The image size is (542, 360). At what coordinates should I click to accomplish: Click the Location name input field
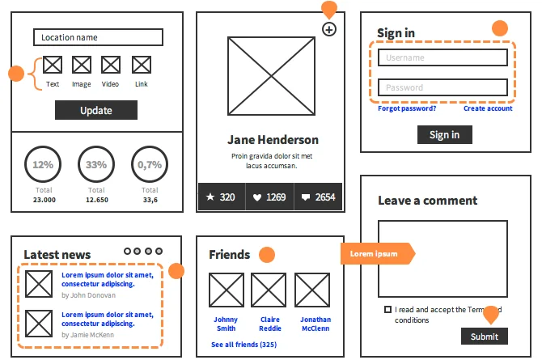click(98, 37)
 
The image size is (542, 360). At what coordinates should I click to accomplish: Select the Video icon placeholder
click(111, 65)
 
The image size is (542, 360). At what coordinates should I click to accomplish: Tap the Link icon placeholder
click(142, 65)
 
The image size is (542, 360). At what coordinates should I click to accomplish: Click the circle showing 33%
click(96, 164)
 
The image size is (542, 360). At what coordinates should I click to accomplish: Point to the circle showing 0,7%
click(150, 164)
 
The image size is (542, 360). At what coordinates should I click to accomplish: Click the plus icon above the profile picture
click(328, 30)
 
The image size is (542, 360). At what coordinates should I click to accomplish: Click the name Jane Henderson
click(273, 140)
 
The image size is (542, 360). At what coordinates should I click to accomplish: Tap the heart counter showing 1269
click(269, 197)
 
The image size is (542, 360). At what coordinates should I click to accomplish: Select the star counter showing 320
click(221, 197)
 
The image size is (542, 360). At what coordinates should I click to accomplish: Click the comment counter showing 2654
click(318, 197)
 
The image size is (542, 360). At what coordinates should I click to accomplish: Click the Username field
click(442, 57)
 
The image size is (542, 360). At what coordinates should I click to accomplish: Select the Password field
click(442, 87)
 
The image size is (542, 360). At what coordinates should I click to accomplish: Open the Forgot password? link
click(407, 108)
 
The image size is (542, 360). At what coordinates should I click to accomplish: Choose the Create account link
click(488, 108)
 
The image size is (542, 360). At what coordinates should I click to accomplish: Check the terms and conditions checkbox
click(388, 310)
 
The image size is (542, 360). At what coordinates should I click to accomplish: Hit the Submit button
click(485, 337)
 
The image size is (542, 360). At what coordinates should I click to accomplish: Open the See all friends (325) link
click(243, 345)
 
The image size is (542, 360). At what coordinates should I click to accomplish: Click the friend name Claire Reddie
click(270, 324)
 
